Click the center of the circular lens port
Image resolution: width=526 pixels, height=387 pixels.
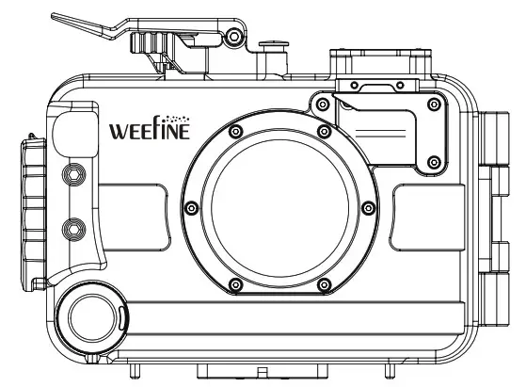point(257,206)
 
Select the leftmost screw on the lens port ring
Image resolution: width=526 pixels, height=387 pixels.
point(191,207)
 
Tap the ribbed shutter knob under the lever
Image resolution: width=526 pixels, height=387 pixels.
point(158,45)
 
